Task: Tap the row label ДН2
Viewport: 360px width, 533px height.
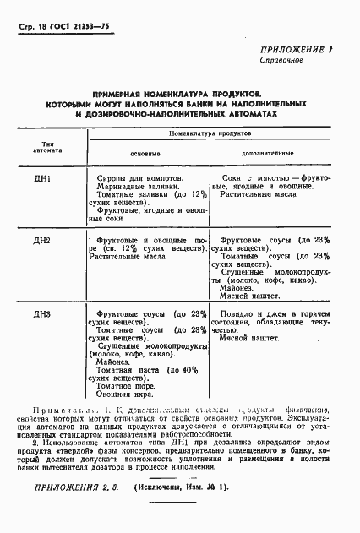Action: tap(42, 241)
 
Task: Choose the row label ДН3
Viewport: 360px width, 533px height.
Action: tap(42, 314)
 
